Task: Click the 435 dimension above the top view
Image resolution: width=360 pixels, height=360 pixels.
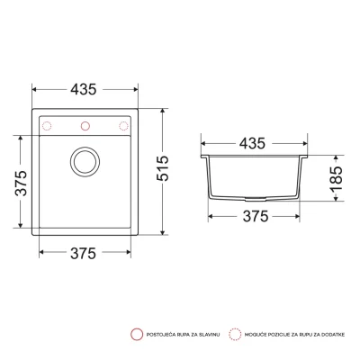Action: pos(84,89)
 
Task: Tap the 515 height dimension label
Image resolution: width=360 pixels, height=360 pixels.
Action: pos(163,168)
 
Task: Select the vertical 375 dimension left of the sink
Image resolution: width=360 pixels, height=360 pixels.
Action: pos(21,183)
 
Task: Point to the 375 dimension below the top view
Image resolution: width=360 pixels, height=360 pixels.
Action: pos(83,254)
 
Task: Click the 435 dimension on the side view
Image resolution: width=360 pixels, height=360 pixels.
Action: pos(252,143)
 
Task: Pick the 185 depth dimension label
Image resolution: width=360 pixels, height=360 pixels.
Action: pos(336,179)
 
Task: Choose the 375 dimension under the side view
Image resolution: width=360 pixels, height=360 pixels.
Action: pos(256,216)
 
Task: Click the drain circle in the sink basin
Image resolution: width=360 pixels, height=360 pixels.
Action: pos(85,162)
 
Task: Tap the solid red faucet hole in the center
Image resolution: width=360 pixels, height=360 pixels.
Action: pos(85,126)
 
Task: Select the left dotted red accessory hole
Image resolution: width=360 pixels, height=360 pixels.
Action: pos(47,126)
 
